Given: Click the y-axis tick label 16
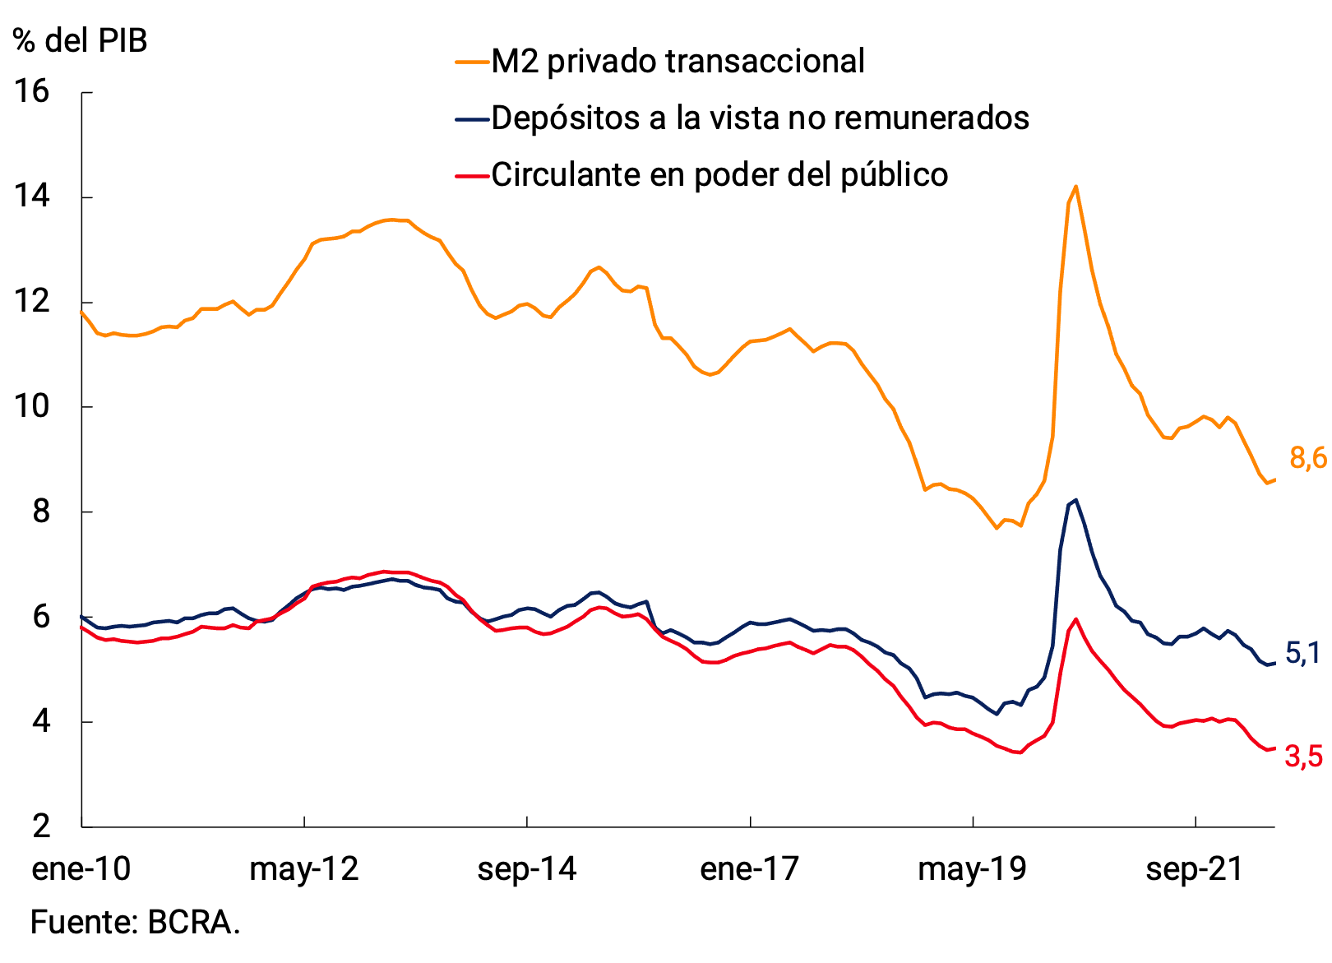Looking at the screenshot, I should [x=31, y=91].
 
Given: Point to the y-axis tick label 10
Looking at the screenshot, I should [x=31, y=406].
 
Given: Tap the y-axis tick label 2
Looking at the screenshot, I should [x=41, y=826].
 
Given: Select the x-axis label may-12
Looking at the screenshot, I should [x=304, y=868].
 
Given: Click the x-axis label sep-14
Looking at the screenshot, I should [x=527, y=868].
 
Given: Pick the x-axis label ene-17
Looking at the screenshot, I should [x=749, y=868].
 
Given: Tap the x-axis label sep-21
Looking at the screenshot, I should [x=1195, y=868].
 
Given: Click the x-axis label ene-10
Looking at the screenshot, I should [x=81, y=868].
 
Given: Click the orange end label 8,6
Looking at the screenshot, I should [x=1307, y=458].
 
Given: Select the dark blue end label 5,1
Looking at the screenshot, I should [x=1302, y=653].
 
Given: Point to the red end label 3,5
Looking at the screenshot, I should [x=1304, y=756].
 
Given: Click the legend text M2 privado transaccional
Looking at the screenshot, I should [x=678, y=62].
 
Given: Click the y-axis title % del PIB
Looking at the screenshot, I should [x=81, y=39].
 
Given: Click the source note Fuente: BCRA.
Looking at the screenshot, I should [x=135, y=922].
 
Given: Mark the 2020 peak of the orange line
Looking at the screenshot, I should [x=1075, y=187].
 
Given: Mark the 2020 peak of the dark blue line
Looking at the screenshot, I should [x=1076, y=500].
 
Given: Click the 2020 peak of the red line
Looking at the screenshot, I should [x=1075, y=619].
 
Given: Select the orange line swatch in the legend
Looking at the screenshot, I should [x=472, y=62].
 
